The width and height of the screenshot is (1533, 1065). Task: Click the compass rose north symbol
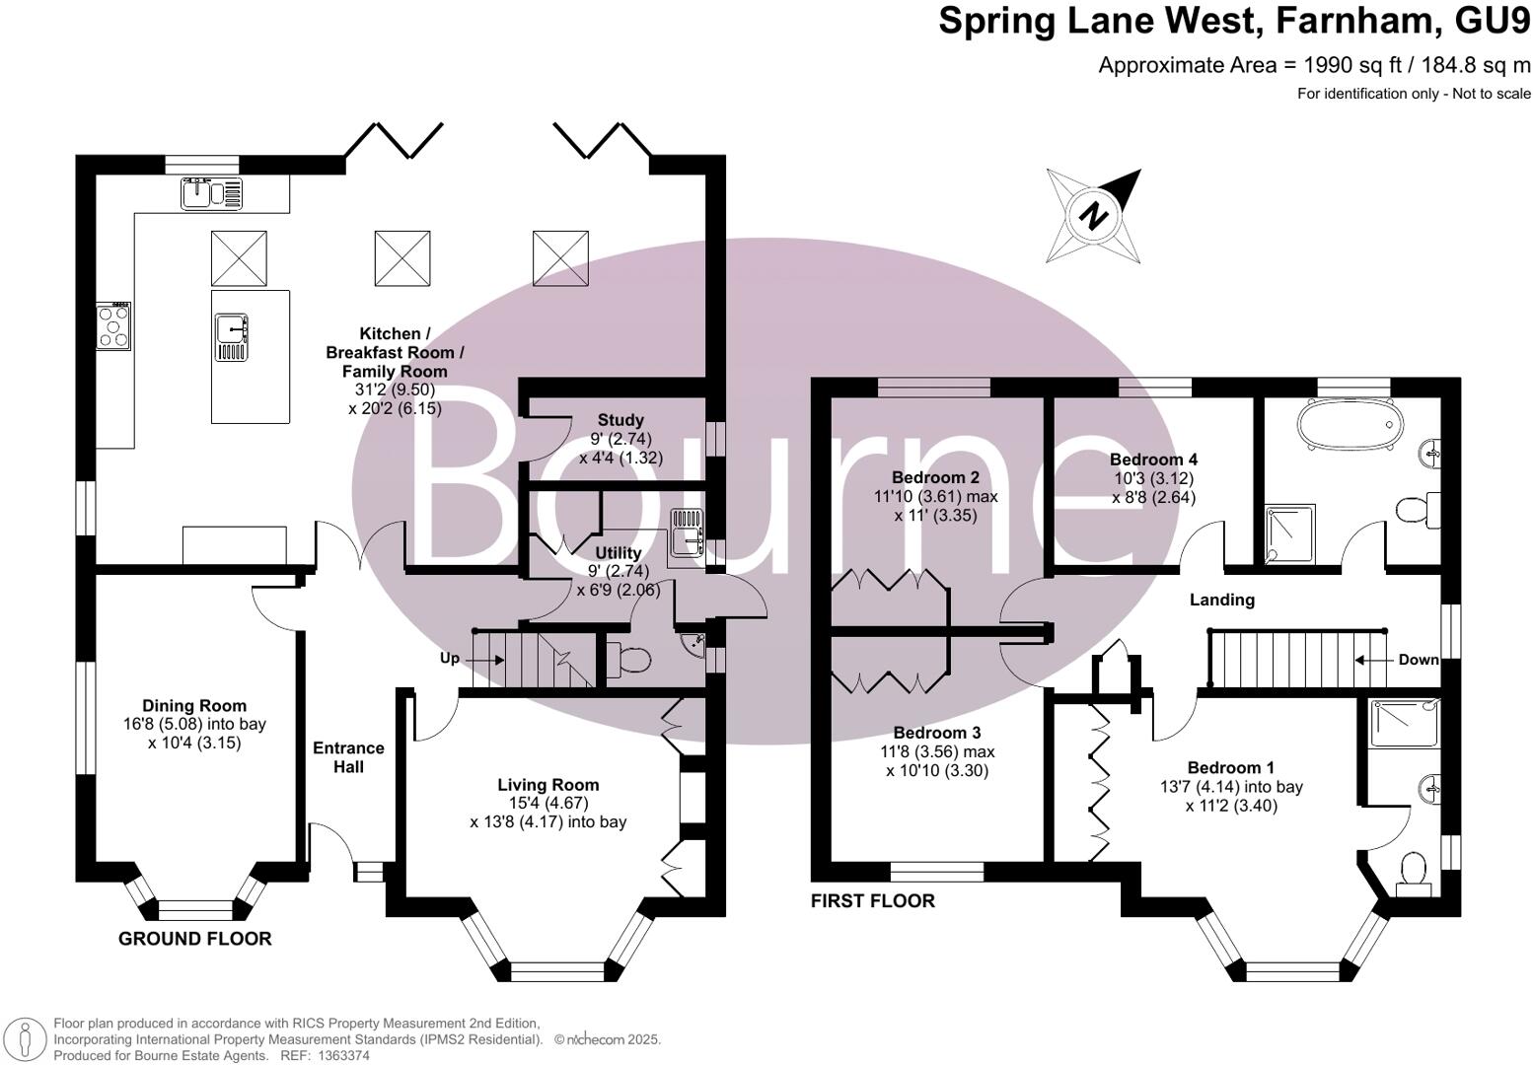point(1093,215)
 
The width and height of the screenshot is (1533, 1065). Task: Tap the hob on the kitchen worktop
point(113,326)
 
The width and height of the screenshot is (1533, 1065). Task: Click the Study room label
point(620,420)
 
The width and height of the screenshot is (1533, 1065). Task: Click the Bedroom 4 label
point(1153,460)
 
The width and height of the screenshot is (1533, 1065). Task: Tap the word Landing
point(1221,600)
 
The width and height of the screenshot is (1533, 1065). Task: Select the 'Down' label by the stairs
point(1418,660)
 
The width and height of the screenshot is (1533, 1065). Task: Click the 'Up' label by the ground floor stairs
point(450,659)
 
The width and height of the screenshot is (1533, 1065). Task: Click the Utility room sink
point(685,537)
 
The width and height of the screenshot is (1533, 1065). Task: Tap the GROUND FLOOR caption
point(194,939)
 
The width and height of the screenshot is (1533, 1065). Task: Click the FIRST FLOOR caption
point(872,900)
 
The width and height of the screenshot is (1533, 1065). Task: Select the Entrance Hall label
point(348,757)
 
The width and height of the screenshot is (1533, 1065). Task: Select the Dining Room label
point(194,706)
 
